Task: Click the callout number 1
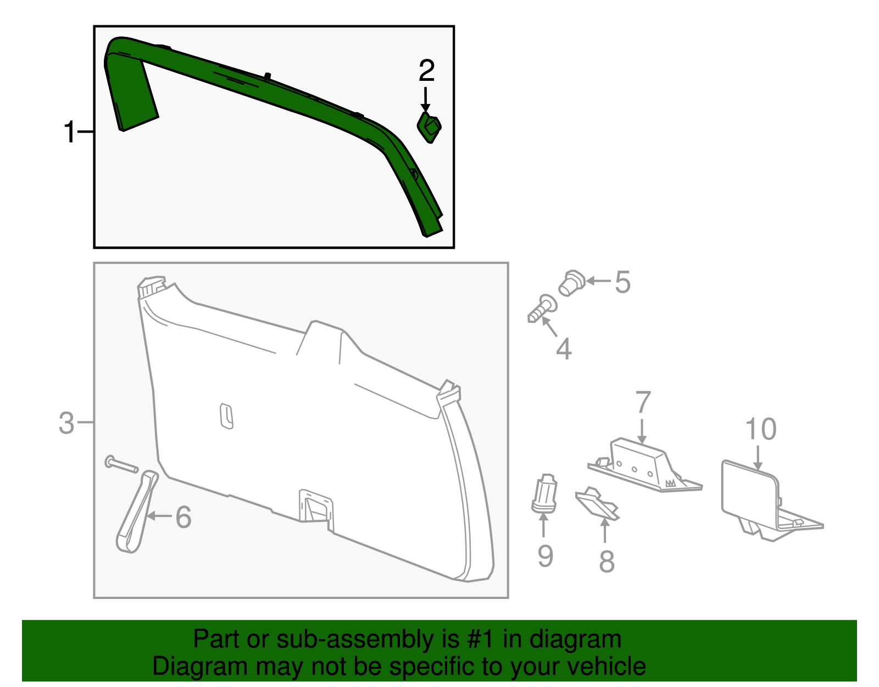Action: click(69, 133)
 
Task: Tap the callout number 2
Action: click(426, 71)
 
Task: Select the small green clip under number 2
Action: click(429, 127)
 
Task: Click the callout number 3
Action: click(66, 423)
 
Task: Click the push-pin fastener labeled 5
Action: click(571, 283)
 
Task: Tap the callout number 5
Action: click(622, 282)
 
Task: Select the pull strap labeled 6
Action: click(136, 512)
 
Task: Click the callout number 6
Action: click(183, 517)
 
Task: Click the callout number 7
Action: click(643, 403)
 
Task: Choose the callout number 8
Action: click(606, 561)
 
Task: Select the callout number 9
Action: click(545, 556)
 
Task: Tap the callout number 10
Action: click(761, 429)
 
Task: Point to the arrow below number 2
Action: click(425, 100)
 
